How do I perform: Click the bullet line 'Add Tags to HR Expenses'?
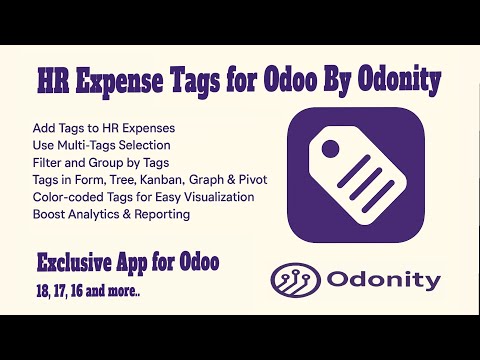click(x=105, y=130)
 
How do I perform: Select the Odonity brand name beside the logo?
click(x=383, y=281)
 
